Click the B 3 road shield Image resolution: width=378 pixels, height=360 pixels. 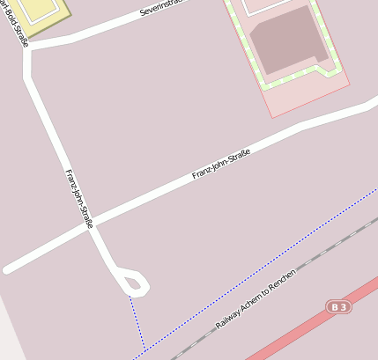(338, 306)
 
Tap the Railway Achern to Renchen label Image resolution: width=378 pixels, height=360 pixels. (256, 299)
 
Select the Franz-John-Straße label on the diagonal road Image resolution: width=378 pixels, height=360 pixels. (221, 165)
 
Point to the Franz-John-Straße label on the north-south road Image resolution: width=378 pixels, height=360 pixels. (78, 199)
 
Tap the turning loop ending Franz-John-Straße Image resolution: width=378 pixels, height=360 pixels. (134, 283)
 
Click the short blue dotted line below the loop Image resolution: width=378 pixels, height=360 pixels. (136, 321)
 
